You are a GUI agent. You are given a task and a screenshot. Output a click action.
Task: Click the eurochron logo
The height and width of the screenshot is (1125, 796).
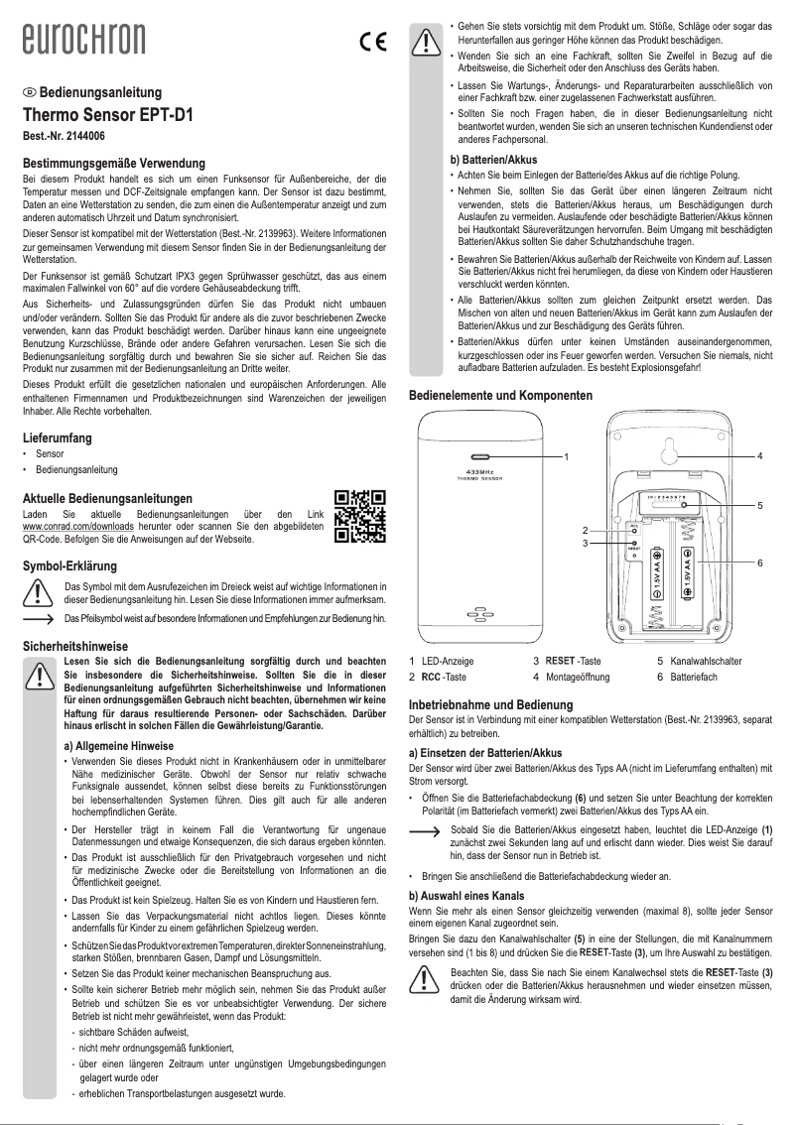[84, 40]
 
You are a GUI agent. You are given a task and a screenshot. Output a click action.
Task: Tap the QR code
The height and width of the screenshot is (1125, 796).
[359, 516]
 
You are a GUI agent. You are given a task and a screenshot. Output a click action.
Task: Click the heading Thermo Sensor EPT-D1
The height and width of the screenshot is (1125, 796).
[107, 114]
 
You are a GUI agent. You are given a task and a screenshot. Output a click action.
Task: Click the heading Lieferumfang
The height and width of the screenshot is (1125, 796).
[58, 437]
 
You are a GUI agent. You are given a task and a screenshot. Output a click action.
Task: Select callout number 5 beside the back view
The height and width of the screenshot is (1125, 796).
[759, 506]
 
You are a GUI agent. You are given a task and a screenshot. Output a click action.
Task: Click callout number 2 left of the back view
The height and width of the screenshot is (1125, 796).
[586, 530]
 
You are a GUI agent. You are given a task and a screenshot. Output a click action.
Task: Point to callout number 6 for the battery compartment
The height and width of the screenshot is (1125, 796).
[759, 562]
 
